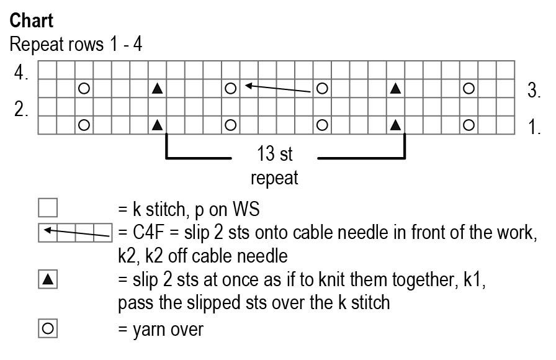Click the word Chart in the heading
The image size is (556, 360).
click(32, 20)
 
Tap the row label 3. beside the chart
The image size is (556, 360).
click(534, 90)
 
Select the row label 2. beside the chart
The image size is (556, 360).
click(22, 109)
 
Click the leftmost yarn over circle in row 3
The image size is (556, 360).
click(84, 89)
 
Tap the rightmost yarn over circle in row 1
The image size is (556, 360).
click(469, 125)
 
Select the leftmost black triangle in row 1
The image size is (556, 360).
click(157, 125)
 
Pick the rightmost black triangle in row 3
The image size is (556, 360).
click(395, 89)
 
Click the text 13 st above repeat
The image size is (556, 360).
click(274, 153)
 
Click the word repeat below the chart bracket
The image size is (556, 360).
click(274, 178)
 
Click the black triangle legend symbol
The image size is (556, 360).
click(48, 280)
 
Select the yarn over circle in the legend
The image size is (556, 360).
click(48, 329)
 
